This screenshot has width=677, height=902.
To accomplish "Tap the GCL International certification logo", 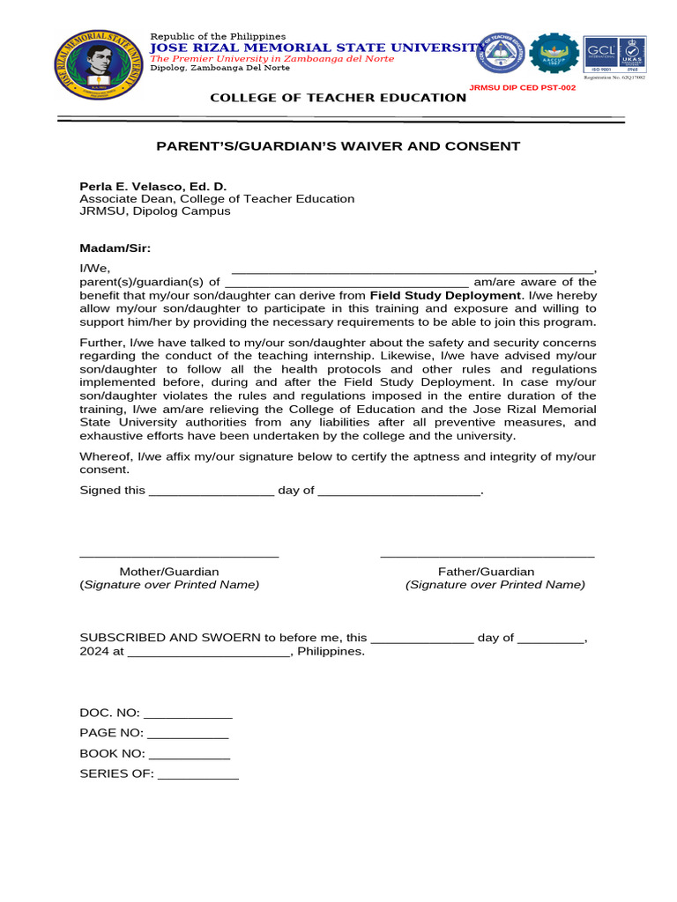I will coord(600,53).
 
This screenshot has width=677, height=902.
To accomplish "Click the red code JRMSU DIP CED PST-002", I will coord(521,88).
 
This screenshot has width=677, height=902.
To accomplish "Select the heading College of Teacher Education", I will coord(338,98).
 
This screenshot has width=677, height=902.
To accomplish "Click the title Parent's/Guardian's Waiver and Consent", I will coord(338,146).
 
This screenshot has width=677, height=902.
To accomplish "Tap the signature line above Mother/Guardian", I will coord(179,556).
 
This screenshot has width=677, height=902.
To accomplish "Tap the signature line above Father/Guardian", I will coord(487,556).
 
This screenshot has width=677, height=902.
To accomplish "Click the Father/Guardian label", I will coord(487,572).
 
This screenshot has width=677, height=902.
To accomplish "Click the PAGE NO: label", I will coord(111,733).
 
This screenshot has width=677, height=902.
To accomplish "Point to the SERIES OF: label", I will coord(116,774).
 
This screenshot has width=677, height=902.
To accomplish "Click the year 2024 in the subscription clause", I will coord(94,652).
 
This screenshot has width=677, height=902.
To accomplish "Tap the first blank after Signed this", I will coord(212,492).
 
